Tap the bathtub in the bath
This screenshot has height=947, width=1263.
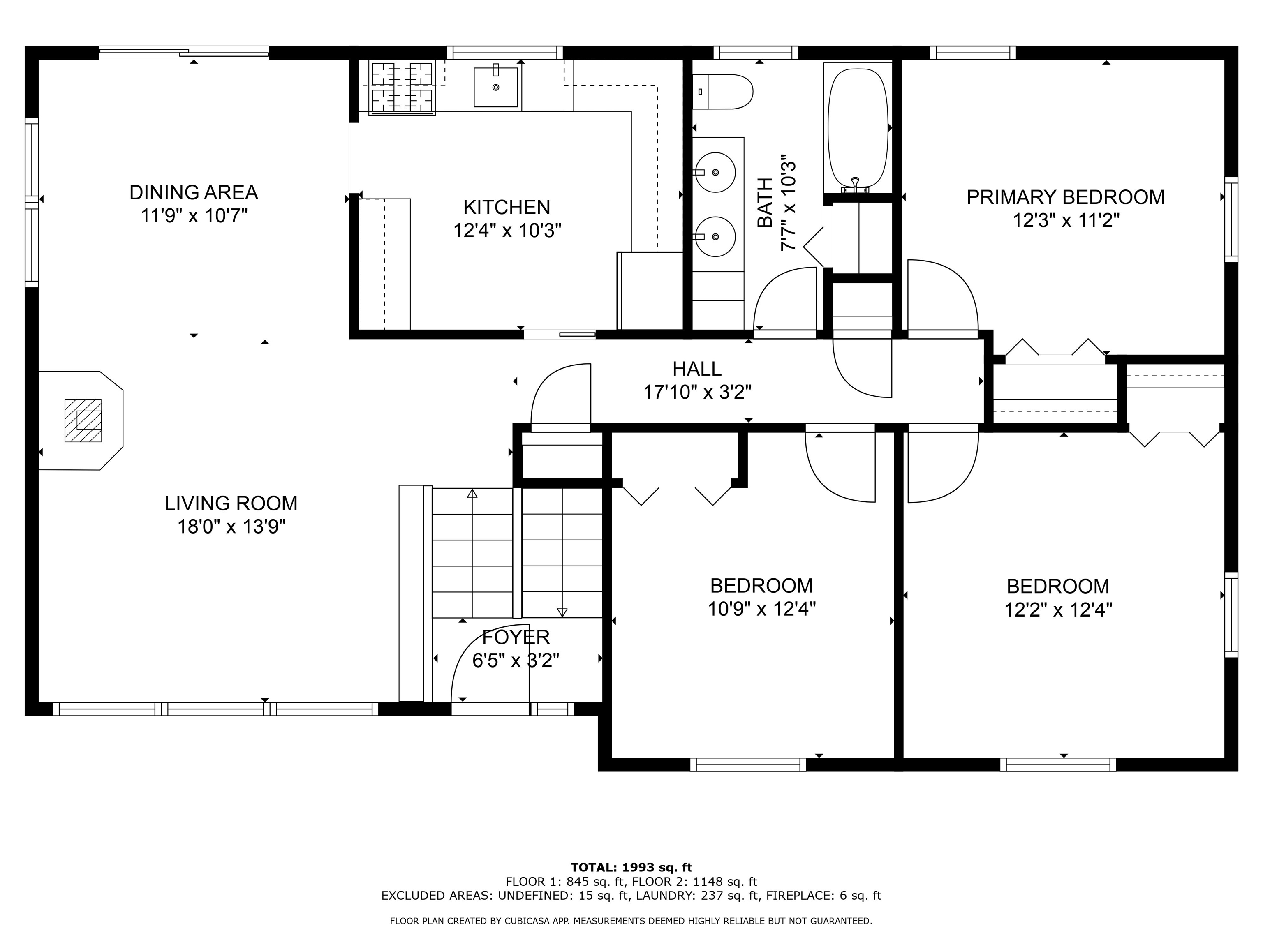(858, 128)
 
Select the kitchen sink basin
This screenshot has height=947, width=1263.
(495, 87)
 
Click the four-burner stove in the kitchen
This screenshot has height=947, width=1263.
(402, 87)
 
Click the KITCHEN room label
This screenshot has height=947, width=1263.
(507, 207)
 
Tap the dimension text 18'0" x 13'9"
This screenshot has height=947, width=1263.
(231, 526)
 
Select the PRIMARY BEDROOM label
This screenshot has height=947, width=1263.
(1065, 197)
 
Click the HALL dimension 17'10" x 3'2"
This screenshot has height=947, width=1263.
(697, 392)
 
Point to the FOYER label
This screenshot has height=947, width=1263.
(516, 636)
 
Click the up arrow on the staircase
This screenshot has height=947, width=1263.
(472, 494)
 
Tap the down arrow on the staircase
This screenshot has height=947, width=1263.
(562, 612)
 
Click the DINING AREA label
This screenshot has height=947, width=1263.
(194, 192)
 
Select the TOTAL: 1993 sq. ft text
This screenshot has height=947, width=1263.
(631, 868)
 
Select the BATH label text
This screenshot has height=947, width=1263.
(765, 203)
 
